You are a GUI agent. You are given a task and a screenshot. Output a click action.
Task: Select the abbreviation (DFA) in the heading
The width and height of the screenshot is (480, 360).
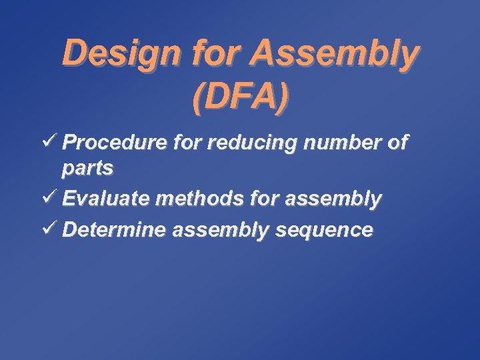pyautogui.click(x=240, y=96)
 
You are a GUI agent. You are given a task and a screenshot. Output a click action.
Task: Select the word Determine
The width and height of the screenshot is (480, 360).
pyautogui.click(x=114, y=231)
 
